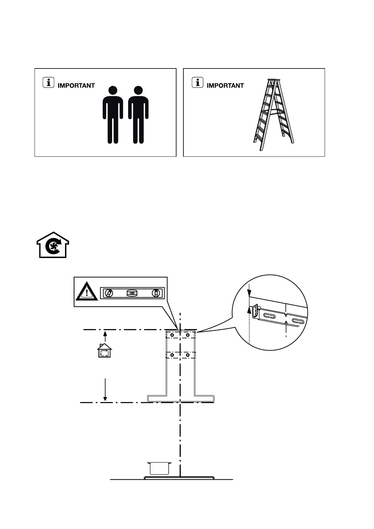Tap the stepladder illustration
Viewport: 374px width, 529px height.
274,115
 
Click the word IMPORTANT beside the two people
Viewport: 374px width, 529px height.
76,86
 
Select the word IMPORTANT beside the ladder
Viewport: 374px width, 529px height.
225,86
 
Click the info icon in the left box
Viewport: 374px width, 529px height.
48,83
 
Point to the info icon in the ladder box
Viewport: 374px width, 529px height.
198,83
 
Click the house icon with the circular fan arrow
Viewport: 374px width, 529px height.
53,245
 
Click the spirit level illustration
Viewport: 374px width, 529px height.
132,293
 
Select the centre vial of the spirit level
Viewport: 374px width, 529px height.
132,293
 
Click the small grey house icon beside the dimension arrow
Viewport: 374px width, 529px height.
105,351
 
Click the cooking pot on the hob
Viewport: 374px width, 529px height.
160,468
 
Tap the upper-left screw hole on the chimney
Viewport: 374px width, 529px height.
172,335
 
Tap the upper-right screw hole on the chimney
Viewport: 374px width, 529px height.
187,335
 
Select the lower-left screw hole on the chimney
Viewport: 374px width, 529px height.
172,355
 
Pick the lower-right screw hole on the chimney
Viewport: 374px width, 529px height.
187,355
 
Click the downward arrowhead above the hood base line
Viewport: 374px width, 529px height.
105,399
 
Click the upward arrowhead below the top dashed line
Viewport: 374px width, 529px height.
105,334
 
